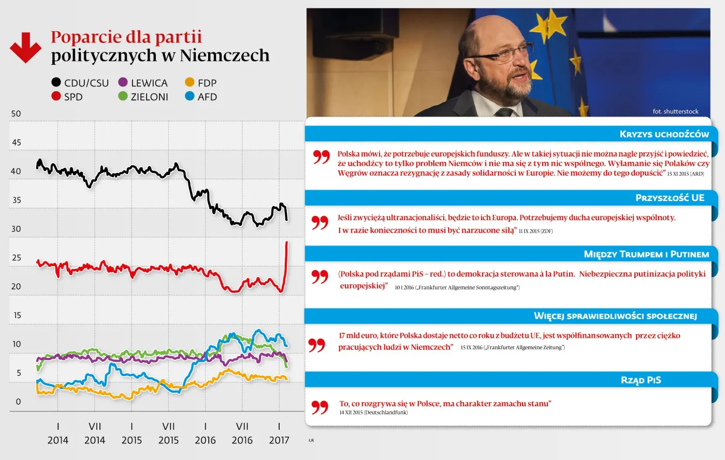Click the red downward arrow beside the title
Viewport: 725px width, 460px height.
[25, 48]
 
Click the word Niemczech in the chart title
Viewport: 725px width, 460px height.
[224, 55]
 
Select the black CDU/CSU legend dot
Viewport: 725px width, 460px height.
[56, 82]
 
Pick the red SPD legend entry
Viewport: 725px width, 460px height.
[67, 97]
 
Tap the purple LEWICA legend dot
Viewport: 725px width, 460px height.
[123, 82]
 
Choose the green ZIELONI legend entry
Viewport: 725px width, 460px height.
[143, 97]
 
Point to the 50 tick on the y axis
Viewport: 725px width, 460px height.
[16, 114]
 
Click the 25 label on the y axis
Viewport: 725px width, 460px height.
[16, 258]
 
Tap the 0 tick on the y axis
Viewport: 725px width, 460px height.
[19, 402]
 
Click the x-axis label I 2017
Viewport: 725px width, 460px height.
[279, 434]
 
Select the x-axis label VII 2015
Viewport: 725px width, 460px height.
[168, 434]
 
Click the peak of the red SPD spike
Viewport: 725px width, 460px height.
[287, 242]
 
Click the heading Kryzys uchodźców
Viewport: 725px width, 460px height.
[664, 134]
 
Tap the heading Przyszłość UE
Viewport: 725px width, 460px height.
[670, 198]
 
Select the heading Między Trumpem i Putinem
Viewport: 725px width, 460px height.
[646, 254]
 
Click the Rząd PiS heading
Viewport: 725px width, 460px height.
[641, 380]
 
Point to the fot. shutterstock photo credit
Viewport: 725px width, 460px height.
[675, 111]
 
